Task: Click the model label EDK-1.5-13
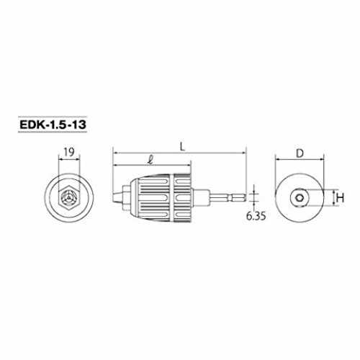(x=53, y=125)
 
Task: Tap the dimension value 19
(x=69, y=152)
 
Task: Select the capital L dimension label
(x=183, y=147)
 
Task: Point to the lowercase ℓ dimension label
(x=151, y=159)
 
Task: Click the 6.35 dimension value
(x=256, y=216)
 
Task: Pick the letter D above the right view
(x=300, y=153)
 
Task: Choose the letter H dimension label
(x=341, y=198)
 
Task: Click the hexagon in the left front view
(x=69, y=197)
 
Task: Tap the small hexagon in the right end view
(x=299, y=198)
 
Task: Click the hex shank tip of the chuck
(x=239, y=198)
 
